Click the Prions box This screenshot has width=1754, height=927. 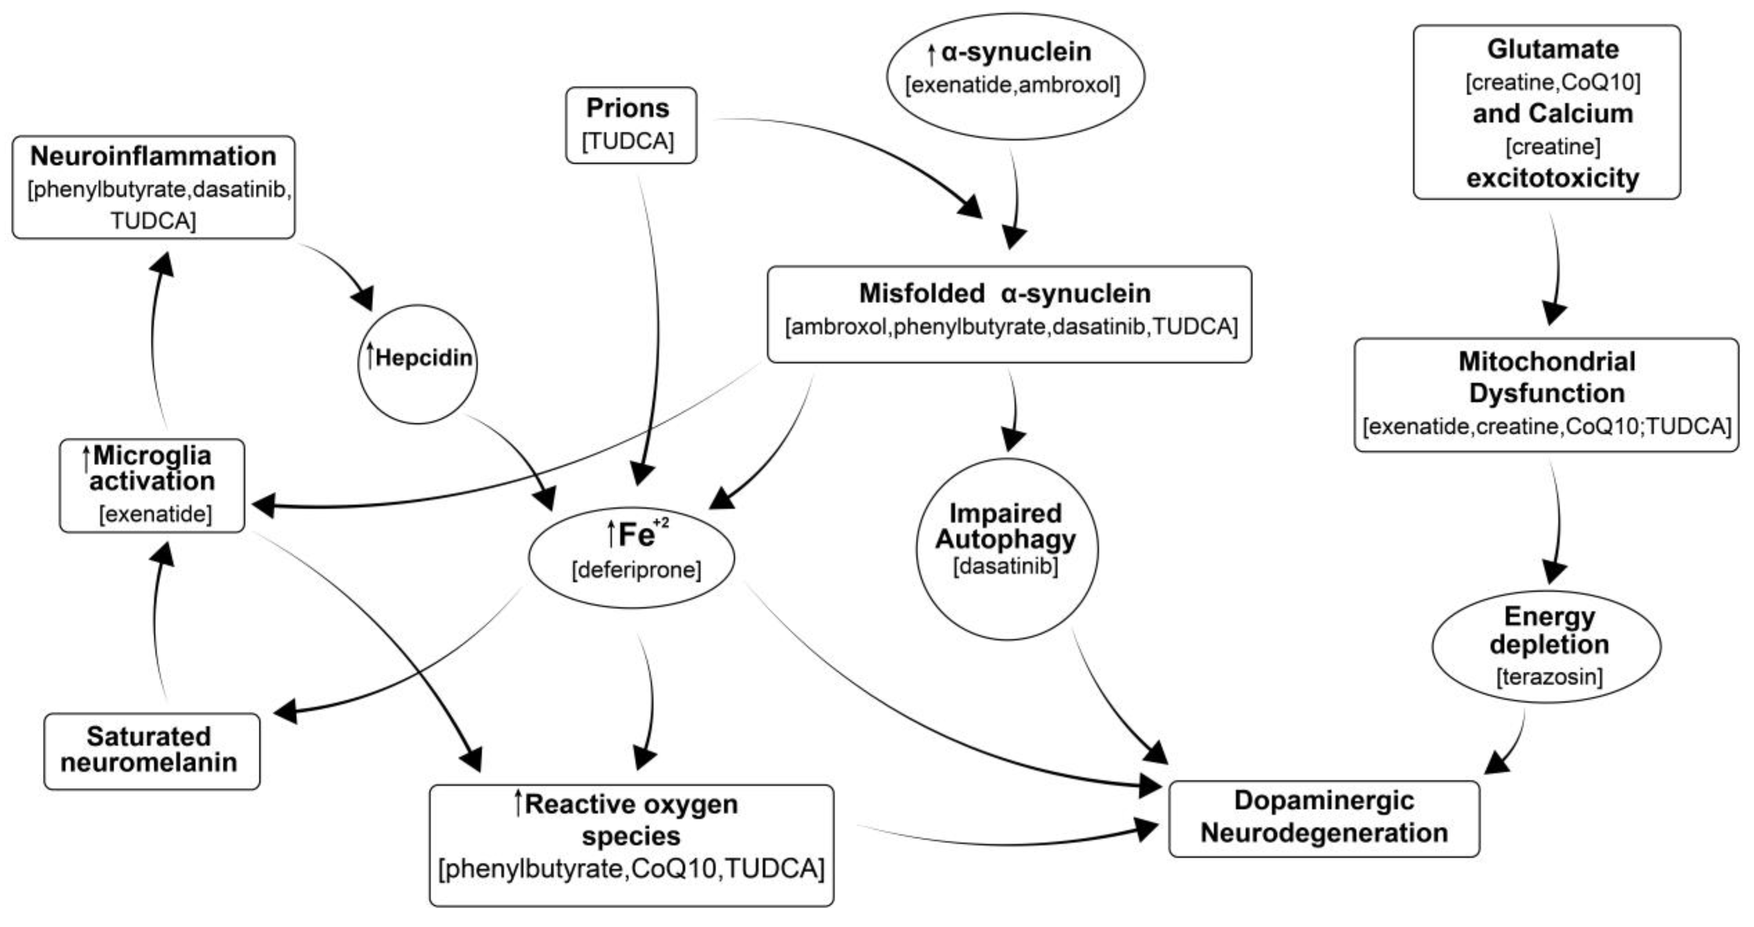[x=630, y=125]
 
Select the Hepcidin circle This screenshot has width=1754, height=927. [x=417, y=364]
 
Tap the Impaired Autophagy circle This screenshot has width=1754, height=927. [x=1007, y=549]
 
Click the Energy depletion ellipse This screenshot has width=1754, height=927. [x=1547, y=645]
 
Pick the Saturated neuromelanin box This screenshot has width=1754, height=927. [x=152, y=751]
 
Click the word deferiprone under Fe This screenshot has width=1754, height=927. [x=636, y=569]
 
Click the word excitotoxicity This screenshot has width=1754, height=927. [x=1553, y=178]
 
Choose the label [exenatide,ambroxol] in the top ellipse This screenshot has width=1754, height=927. [x=1013, y=85]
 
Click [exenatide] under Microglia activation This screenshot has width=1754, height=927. [x=156, y=514]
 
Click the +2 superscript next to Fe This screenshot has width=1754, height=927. [x=661, y=523]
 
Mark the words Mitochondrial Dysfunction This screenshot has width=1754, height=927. [x=1547, y=377]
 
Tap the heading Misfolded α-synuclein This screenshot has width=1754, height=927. [x=1005, y=293]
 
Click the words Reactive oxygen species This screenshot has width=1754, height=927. [x=631, y=820]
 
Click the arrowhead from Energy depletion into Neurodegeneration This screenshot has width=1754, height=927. [x=1495, y=763]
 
